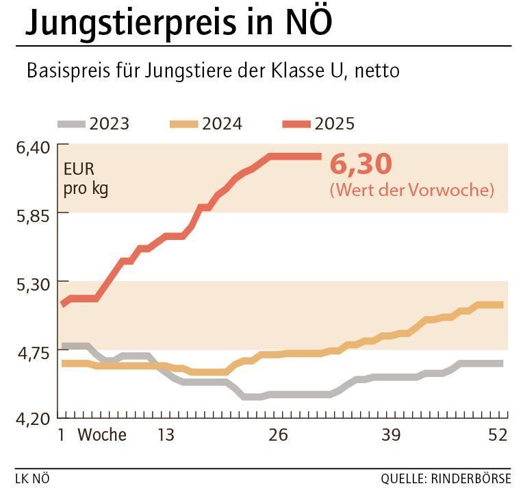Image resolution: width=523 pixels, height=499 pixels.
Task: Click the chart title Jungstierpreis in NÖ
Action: click(x=178, y=23)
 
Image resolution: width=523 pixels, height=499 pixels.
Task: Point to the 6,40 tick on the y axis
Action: click(x=33, y=146)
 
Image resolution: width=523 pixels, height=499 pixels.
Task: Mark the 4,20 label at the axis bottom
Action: click(x=33, y=419)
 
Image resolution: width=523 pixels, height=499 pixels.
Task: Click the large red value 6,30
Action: click(x=361, y=165)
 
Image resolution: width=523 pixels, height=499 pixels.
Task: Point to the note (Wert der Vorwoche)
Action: click(x=411, y=190)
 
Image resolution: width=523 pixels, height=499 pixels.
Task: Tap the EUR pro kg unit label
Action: click(x=86, y=179)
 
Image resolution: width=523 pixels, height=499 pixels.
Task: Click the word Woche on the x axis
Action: click(x=102, y=435)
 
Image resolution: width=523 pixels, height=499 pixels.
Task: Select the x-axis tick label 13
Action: click(x=166, y=435)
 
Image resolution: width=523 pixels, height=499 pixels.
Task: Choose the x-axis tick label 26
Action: click(x=277, y=435)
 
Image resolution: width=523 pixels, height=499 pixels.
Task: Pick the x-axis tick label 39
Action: click(x=390, y=435)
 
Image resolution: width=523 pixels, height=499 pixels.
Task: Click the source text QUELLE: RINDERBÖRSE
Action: click(x=446, y=478)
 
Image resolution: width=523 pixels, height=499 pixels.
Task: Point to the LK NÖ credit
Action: click(x=32, y=478)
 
